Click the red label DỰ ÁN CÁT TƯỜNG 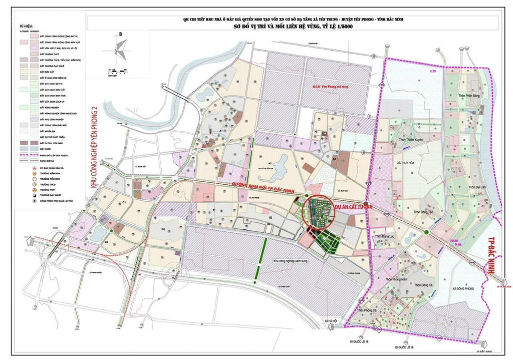357,203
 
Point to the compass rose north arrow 120,49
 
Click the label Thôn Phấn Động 459,96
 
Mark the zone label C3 163,229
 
